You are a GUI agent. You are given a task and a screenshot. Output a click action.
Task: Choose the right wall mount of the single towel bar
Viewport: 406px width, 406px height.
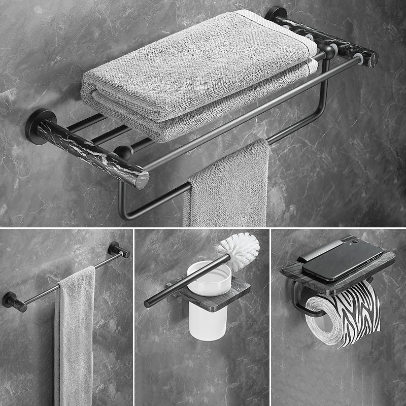click(x=119, y=249)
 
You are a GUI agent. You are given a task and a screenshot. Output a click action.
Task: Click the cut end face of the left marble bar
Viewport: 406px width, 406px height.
click(x=143, y=179)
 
